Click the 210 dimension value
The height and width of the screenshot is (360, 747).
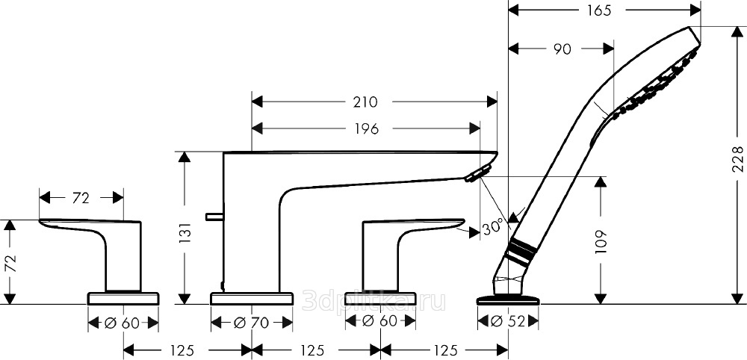366,102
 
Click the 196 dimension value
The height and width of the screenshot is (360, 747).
365,128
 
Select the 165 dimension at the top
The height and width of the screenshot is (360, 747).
598,10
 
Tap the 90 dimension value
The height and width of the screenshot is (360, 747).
562,49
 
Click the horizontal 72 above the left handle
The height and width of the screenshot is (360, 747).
81,198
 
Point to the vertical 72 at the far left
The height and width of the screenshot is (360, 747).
10,264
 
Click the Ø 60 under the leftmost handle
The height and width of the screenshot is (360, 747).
123,323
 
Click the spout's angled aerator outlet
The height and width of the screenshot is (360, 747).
478,173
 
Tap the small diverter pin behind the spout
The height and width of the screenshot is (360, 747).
214,217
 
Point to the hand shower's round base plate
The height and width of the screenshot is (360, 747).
508,300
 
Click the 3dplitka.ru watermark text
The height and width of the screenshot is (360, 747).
374,301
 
